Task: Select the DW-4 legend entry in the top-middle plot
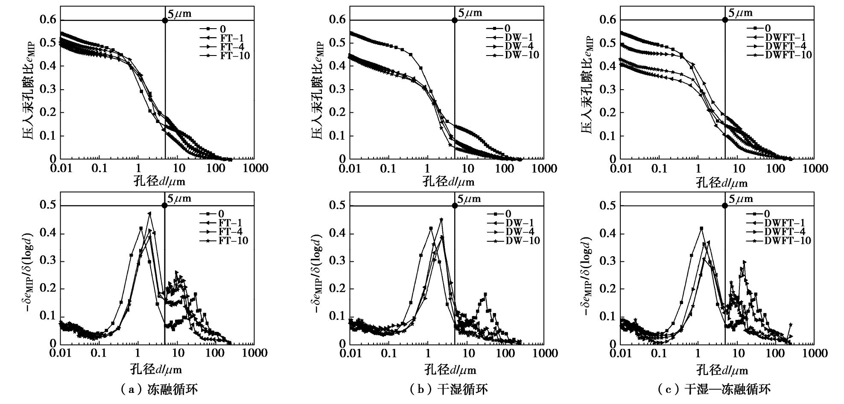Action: [519, 46]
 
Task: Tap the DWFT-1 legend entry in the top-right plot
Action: [785, 37]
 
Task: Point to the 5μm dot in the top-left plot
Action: [165, 20]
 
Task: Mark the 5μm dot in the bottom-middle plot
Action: [455, 206]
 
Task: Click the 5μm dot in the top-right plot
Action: [725, 20]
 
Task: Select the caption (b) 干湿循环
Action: [448, 389]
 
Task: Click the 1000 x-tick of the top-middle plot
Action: [544, 168]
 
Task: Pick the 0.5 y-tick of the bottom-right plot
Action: [608, 206]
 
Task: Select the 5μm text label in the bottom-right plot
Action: [740, 199]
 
